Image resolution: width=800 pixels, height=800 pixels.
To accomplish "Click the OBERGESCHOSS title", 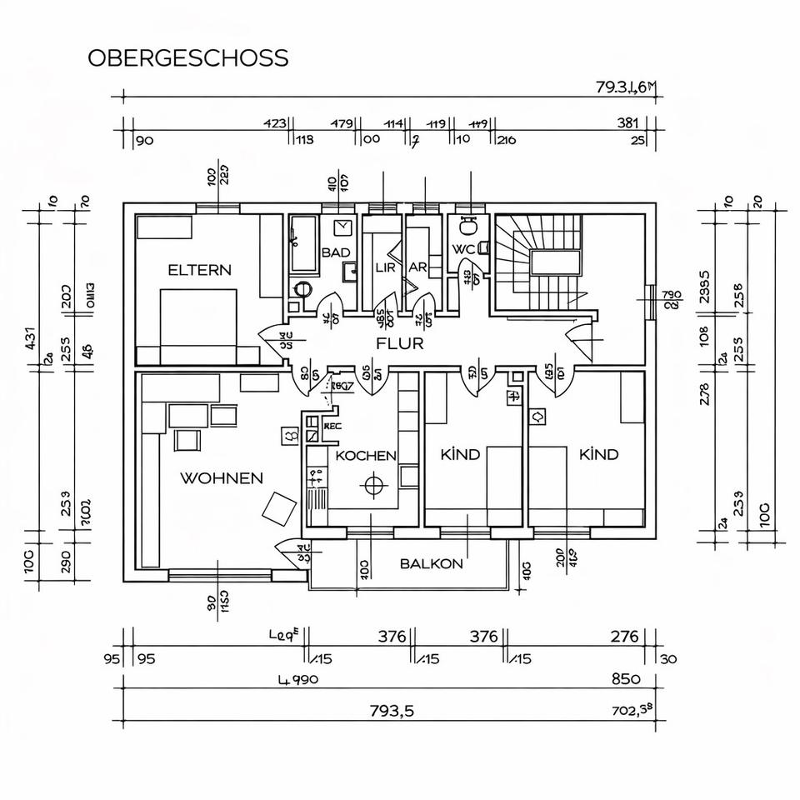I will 188,58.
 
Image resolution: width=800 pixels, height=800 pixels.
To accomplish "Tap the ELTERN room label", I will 200,270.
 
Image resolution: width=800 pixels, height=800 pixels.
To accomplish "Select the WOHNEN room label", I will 222,478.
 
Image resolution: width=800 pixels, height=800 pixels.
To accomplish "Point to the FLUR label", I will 400,343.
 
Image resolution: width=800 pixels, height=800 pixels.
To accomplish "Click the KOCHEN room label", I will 366,456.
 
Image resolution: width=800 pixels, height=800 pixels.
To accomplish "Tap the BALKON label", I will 431,564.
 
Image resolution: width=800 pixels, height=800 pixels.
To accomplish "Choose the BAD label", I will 335,252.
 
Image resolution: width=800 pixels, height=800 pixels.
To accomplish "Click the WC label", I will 463,249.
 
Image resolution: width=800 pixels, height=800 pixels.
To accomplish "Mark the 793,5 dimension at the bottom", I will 392,711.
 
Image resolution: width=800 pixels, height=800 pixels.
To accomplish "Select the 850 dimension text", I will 626,679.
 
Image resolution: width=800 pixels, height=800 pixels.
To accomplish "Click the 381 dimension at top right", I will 627,123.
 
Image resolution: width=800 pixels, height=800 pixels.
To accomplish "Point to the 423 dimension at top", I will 275,123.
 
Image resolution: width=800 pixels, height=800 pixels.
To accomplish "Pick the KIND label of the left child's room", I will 460,454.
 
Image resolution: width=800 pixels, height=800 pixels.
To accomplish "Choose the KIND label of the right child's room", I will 598,454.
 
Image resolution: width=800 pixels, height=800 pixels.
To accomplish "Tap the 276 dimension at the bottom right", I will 624,637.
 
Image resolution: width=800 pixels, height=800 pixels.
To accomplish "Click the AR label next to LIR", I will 417,267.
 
